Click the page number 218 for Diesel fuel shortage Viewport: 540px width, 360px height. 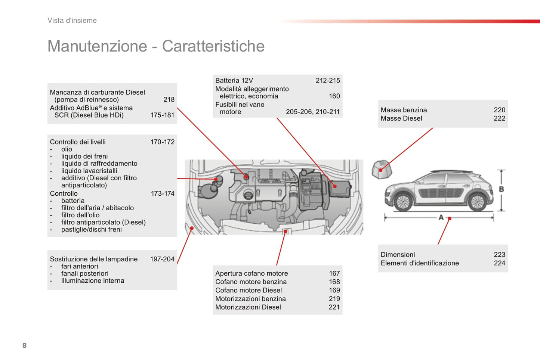pos(169,100)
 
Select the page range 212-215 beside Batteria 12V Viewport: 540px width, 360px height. pos(328,81)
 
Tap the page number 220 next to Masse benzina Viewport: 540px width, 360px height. pos(499,110)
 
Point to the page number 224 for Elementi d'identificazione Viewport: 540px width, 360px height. pos(499,263)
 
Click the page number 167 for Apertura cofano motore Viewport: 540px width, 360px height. pos(334,274)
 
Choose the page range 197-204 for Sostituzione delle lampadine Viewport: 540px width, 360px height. pos(162,259)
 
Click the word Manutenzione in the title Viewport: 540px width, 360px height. pos(97,46)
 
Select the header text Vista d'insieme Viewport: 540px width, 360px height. pos(72,21)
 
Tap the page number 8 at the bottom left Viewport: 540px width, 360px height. pos(25,345)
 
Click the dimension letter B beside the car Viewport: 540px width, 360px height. pos(501,189)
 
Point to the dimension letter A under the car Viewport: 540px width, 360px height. pos(441,217)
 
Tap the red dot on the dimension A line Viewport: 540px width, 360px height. pos(450,218)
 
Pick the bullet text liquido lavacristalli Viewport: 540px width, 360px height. pos(89,171)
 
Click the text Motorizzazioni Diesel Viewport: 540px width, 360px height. pos(248,307)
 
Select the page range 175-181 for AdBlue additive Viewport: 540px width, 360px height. pos(162,115)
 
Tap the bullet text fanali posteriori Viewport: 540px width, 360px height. pos(85,274)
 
